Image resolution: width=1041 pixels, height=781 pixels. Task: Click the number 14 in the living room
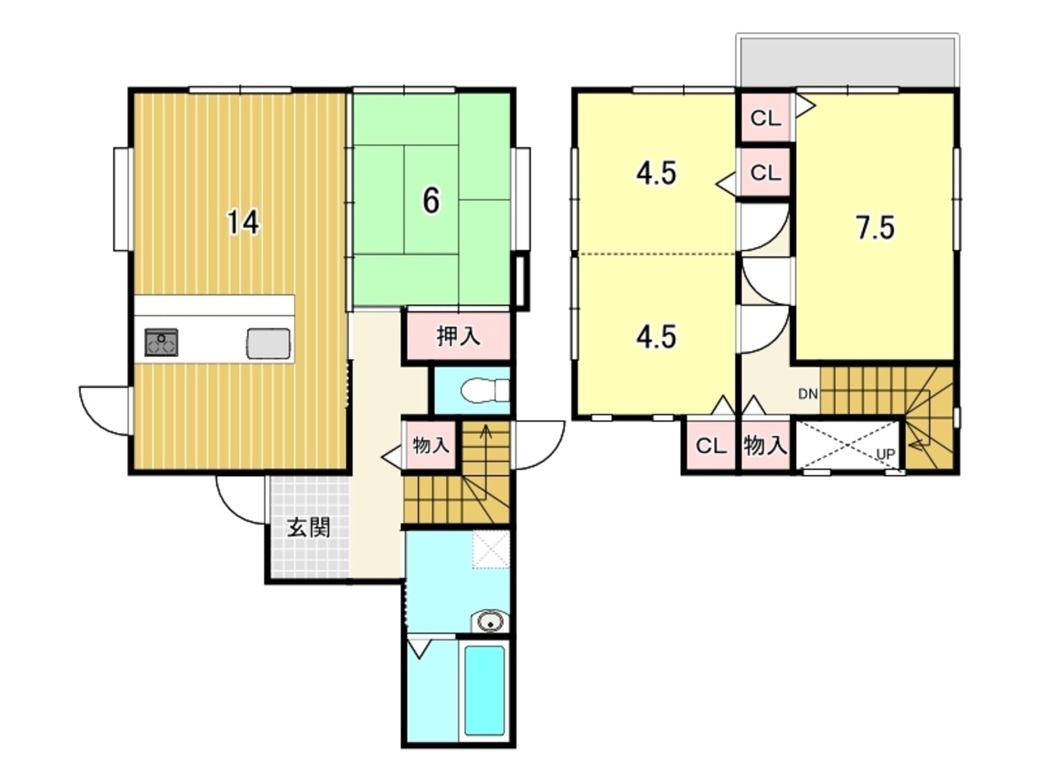[243, 223]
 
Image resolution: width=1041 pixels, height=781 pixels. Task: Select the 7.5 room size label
[875, 228]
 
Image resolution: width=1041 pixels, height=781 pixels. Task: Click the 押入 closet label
[458, 337]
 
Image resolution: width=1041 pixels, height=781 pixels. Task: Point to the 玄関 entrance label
[309, 527]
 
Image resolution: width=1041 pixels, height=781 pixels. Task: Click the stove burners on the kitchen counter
[162, 342]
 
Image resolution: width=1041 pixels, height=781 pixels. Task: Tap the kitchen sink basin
[269, 343]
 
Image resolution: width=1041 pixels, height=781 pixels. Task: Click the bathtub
[484, 691]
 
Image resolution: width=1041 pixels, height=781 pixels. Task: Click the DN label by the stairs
[808, 394]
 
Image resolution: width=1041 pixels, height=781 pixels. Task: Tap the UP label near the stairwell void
[885, 454]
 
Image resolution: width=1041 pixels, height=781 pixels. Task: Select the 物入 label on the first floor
[431, 445]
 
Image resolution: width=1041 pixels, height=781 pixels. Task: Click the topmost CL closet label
[766, 119]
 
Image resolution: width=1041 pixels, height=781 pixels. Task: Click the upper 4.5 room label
[657, 173]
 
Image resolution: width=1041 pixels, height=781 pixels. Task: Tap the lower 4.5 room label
[657, 337]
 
